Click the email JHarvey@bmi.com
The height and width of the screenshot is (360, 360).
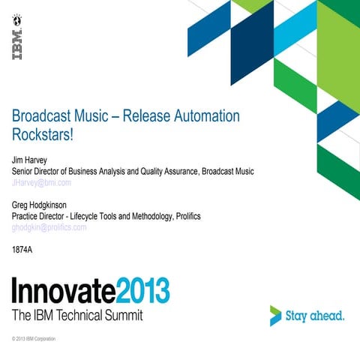click(42, 182)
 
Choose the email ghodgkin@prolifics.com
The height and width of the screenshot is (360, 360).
click(49, 227)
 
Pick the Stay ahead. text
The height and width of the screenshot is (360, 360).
click(316, 316)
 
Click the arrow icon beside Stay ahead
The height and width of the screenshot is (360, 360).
click(276, 316)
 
